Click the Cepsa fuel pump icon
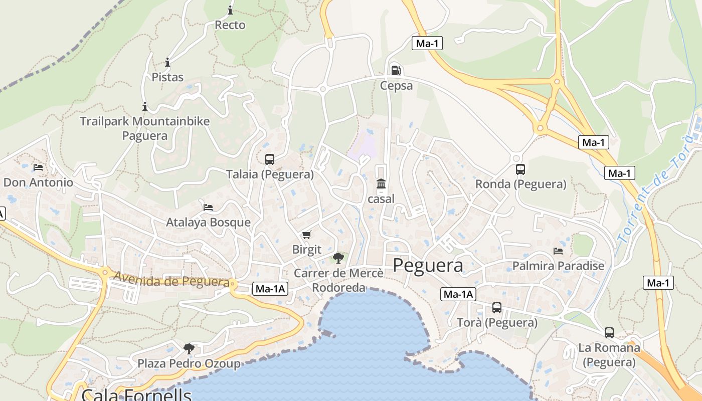396,70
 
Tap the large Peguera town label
428,265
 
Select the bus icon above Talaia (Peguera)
270,159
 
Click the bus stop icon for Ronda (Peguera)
520,169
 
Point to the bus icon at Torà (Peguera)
497,308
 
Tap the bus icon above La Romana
609,332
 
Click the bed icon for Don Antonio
38,167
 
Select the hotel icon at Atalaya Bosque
208,207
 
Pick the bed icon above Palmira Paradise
558,251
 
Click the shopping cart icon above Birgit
307,235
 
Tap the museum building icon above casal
381,184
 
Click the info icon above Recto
230,10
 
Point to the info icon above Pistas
167,63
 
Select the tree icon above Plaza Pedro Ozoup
189,348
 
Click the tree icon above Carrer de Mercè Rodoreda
338,258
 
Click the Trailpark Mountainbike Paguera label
145,128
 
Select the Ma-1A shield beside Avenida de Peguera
271,288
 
